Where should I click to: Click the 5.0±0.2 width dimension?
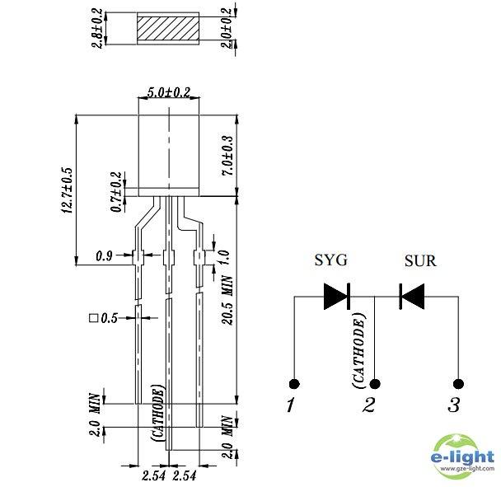pyautogui.click(x=168, y=93)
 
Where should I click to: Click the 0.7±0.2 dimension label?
pyautogui.click(x=117, y=193)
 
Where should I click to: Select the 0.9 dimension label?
pyautogui.click(x=105, y=255)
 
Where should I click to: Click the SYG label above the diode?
pyautogui.click(x=331, y=261)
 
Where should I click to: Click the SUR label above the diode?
pyautogui.click(x=420, y=261)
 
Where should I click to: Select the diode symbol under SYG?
pyautogui.click(x=336, y=296)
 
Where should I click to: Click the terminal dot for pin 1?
pyautogui.click(x=293, y=383)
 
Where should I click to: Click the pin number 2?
pyautogui.click(x=369, y=405)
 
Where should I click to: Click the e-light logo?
pyautogui.click(x=463, y=456)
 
